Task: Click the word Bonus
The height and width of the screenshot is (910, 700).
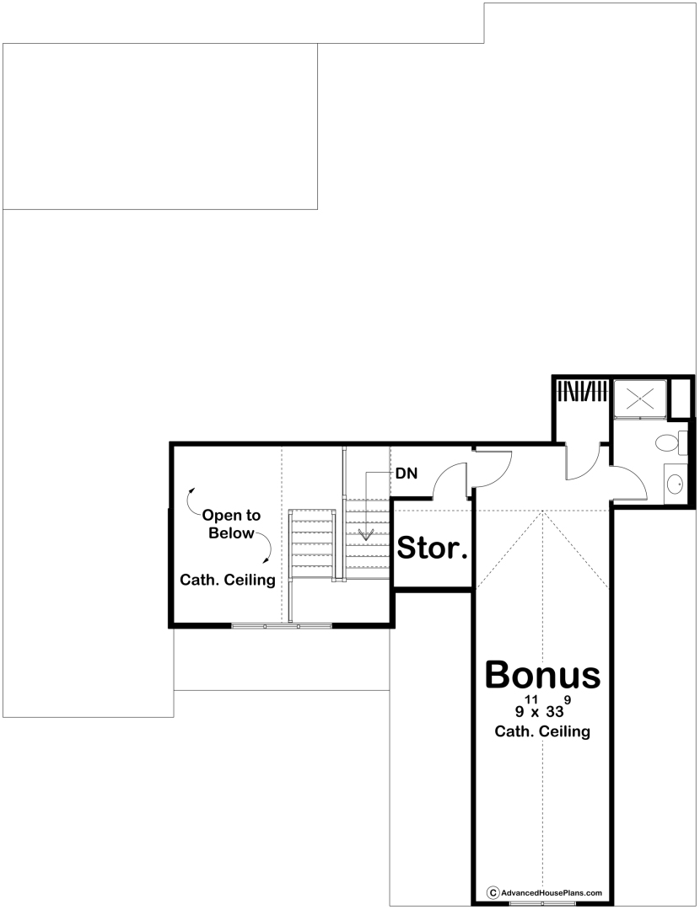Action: tap(542, 675)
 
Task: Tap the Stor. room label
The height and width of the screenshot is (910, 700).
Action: tap(433, 548)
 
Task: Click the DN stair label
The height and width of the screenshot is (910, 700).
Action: tap(407, 474)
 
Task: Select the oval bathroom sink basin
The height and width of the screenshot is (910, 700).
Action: tap(675, 483)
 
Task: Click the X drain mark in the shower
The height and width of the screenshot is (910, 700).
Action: tap(640, 399)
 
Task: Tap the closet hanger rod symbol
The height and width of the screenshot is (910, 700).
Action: tap(582, 391)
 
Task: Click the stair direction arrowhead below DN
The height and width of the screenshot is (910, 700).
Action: tap(366, 534)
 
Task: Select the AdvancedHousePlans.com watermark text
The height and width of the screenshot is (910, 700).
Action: tap(552, 892)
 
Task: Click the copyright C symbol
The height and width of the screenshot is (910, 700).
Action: tap(493, 892)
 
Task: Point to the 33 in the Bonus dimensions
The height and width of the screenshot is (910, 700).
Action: tap(554, 711)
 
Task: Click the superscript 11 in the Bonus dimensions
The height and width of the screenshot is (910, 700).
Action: tap(530, 699)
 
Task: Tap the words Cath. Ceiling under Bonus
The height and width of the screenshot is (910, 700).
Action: tap(542, 731)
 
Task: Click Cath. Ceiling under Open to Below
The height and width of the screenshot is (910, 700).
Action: tap(228, 579)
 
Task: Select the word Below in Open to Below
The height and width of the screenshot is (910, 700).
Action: tap(231, 533)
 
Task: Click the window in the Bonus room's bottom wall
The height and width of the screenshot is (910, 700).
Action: tap(526, 903)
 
